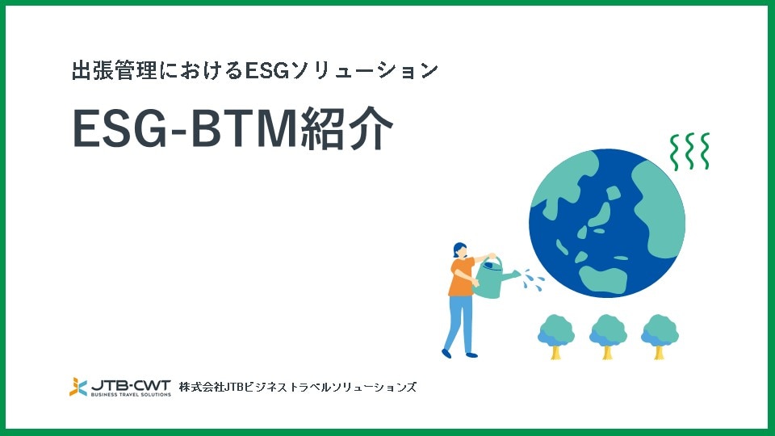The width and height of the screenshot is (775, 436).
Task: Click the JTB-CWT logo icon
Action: pos(78,387)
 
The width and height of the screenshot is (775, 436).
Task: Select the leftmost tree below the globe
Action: pos(555,334)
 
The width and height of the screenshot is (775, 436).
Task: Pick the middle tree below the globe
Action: pos(607,334)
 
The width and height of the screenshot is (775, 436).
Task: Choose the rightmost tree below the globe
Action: pos(659,334)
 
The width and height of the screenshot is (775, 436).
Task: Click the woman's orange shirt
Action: pos(462,276)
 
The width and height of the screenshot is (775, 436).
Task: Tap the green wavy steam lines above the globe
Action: pos(690,151)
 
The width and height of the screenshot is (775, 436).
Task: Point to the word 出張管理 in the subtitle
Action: pos(104,71)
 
